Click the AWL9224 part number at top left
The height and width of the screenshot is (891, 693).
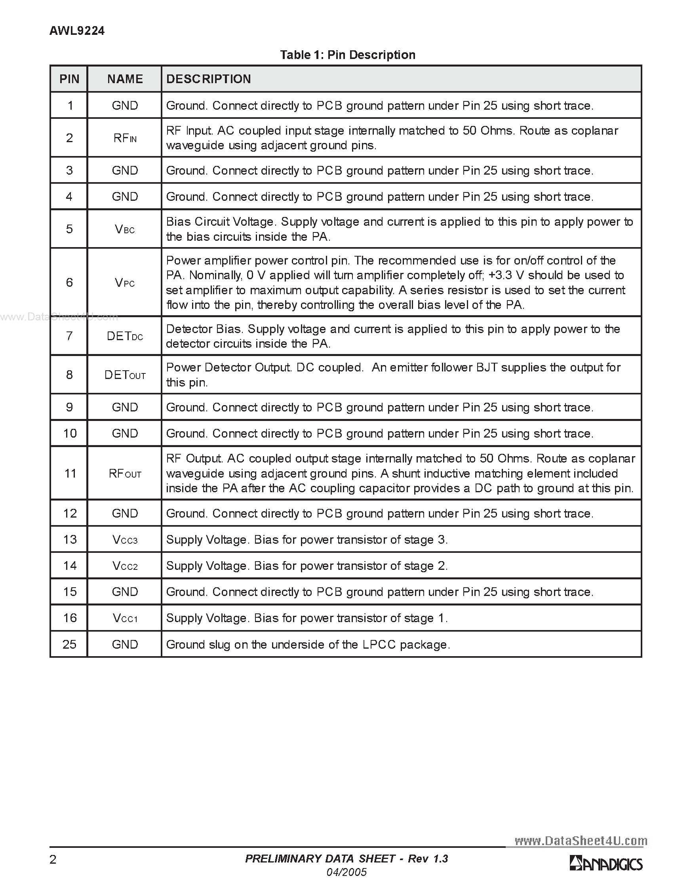pyautogui.click(x=77, y=30)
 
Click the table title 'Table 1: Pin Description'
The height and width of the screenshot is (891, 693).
pyautogui.click(x=348, y=55)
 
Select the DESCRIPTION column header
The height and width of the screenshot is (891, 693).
pyautogui.click(x=208, y=79)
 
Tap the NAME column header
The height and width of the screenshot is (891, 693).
pyautogui.click(x=125, y=79)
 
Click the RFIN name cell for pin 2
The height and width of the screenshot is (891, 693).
pyautogui.click(x=125, y=138)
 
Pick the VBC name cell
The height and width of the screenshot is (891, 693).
pyautogui.click(x=125, y=229)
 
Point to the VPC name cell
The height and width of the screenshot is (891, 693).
pyautogui.click(x=125, y=283)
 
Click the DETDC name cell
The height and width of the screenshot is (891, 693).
pyautogui.click(x=125, y=336)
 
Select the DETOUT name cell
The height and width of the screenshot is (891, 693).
pyautogui.click(x=125, y=375)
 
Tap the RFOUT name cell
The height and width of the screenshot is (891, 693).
pyautogui.click(x=125, y=474)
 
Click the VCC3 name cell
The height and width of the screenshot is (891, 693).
pyautogui.click(x=125, y=540)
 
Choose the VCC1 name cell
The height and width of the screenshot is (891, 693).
pyautogui.click(x=125, y=618)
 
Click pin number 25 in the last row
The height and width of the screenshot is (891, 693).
pyautogui.click(x=69, y=644)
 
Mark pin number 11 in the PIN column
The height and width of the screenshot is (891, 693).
pyautogui.click(x=70, y=473)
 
